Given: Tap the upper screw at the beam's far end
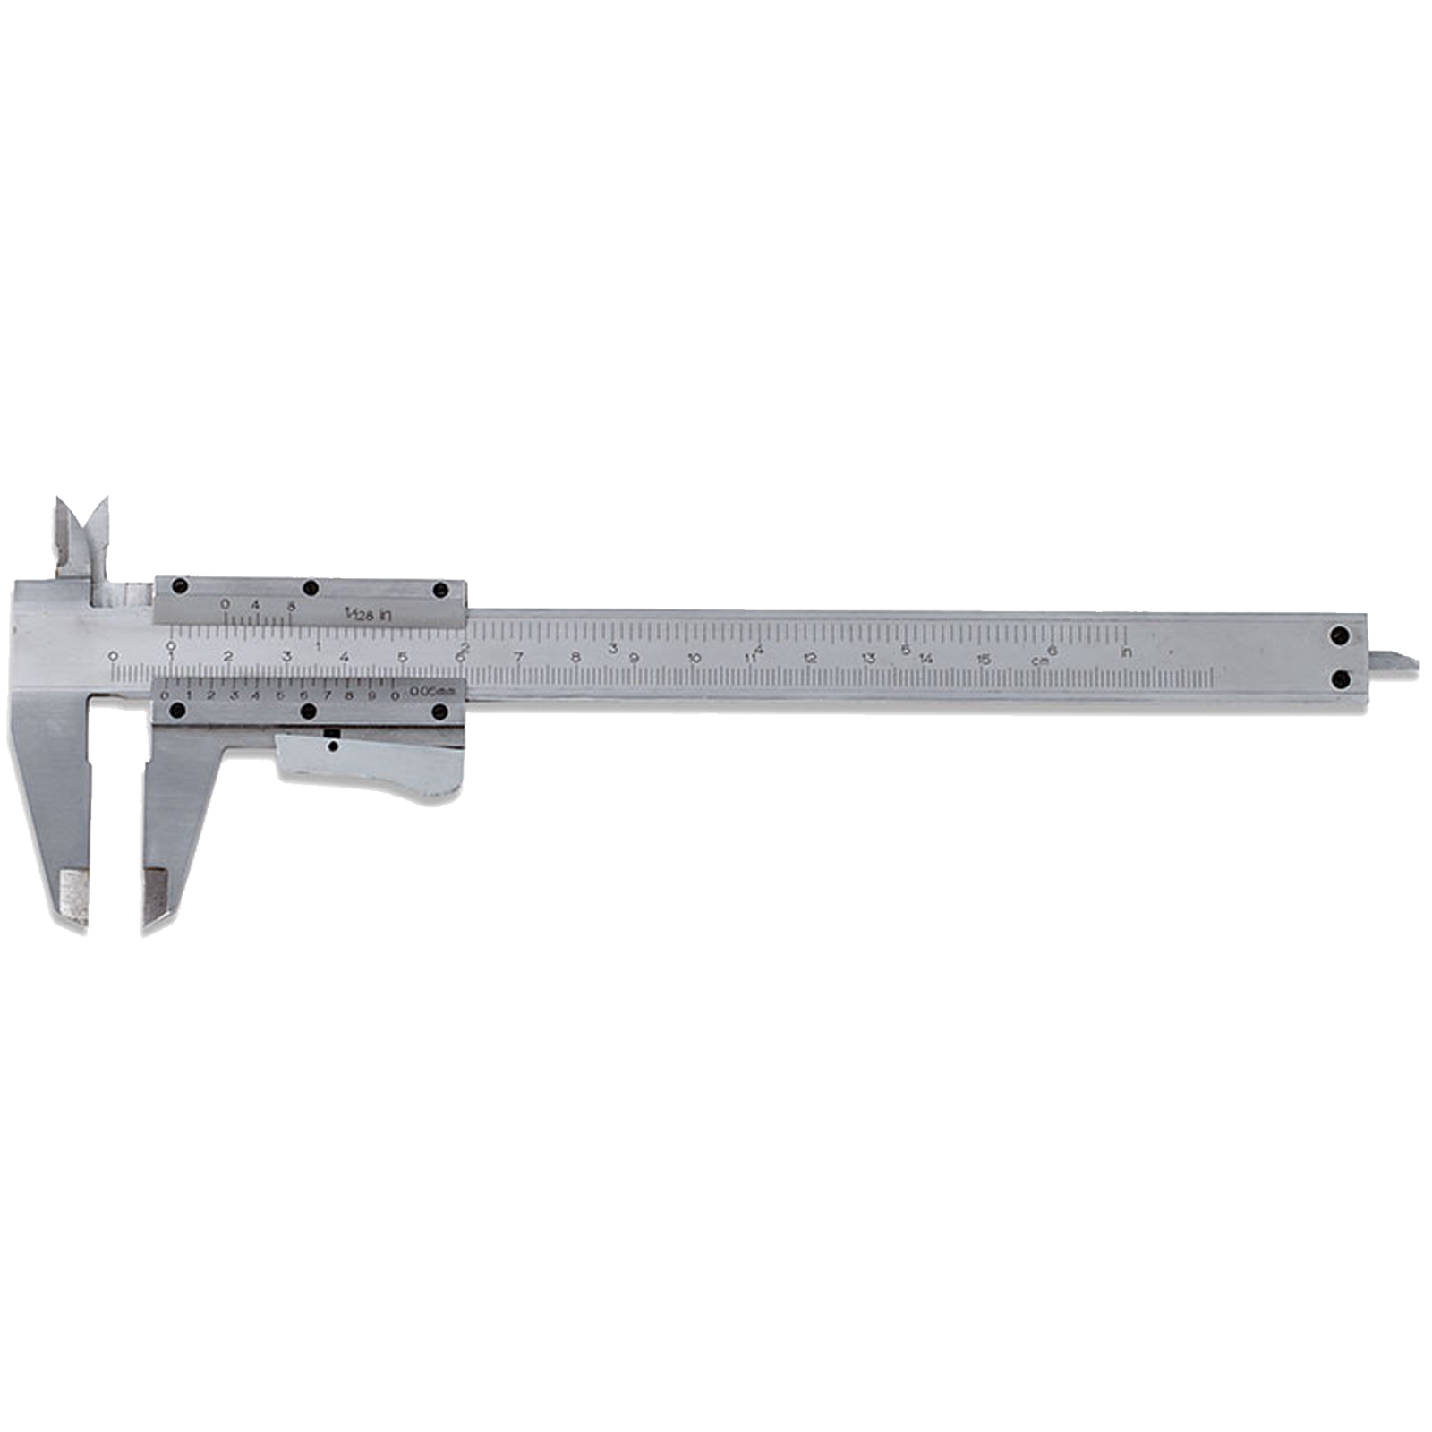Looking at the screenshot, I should (x=1340, y=636).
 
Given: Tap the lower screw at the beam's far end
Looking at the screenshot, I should (x=1340, y=680).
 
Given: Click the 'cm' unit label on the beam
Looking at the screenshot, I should (x=1040, y=661).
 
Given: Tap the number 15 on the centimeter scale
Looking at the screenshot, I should (x=984, y=660).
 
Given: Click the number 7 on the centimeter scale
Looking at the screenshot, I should (x=518, y=657).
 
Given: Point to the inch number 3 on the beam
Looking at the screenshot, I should (x=613, y=648).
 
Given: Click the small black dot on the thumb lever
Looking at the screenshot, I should (x=332, y=745).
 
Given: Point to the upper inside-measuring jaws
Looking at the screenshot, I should (x=81, y=537).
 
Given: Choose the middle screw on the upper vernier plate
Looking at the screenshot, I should (x=311, y=588).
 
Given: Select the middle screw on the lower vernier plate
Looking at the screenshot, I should (x=310, y=712).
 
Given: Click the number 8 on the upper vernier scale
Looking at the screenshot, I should (x=291, y=605).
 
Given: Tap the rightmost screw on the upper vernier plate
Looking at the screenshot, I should (x=440, y=590).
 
